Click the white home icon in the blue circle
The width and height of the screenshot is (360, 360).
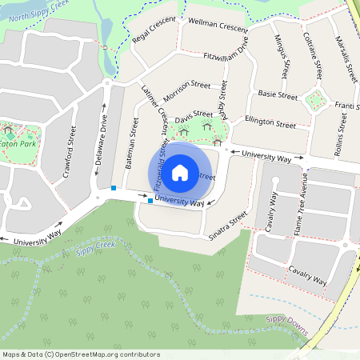click(180, 171)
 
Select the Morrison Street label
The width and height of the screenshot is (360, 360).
click(188, 84)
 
